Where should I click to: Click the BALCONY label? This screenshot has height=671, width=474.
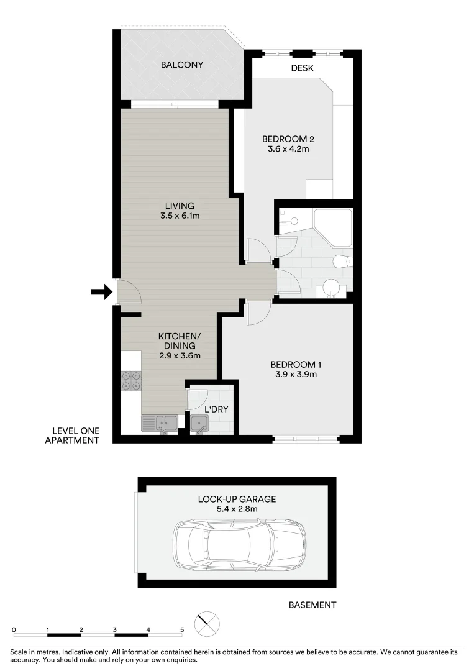pos(182,65)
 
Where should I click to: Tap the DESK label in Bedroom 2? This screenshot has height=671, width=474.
pos(302,68)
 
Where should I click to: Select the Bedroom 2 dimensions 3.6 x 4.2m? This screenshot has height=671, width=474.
pos(288,149)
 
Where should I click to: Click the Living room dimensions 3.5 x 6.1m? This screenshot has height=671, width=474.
pos(180,216)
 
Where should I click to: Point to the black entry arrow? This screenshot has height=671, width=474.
pos(101,292)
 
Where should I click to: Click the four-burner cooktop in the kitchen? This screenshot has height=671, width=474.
pos(131,380)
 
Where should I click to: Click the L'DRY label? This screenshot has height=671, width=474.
pos(216,409)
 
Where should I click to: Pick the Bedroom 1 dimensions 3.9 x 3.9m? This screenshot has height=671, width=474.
pos(296,375)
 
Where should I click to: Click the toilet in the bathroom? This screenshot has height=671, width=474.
pos(343,261)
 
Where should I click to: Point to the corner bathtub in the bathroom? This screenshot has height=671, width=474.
pos(332,227)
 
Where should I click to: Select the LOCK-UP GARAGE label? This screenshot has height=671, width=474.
pos(237,500)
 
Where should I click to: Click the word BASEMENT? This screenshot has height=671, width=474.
pos(312,605)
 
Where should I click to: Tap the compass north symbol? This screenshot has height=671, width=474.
pos(207,624)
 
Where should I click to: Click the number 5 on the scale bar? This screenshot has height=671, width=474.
pos(182,630)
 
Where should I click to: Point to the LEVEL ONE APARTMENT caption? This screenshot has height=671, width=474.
pos(72,436)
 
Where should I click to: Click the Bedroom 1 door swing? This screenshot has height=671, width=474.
pos(258,313)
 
